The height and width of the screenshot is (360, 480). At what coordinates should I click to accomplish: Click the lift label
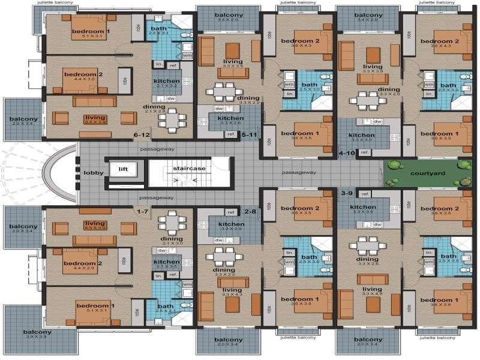point(124,169)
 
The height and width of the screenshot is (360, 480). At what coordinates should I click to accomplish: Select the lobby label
point(94,173)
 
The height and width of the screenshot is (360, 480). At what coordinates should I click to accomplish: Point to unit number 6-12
point(142,136)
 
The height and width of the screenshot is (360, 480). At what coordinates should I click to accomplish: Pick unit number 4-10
point(346,154)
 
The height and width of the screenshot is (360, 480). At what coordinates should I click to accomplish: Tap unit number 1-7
point(142,211)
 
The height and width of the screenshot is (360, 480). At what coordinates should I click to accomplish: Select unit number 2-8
point(250,211)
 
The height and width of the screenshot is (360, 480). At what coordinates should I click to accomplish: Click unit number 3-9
point(346,193)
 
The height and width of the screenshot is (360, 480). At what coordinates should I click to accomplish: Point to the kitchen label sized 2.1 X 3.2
point(166,81)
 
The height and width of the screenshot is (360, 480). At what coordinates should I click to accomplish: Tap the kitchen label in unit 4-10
point(361,136)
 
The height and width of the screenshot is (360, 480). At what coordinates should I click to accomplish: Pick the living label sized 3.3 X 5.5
point(232,61)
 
